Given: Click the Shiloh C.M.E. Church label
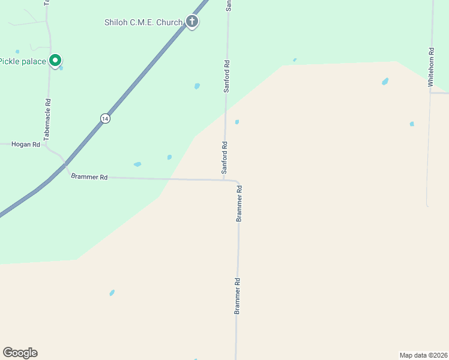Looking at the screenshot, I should [143, 23].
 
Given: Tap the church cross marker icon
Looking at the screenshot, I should [192, 22].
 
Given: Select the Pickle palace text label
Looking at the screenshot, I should [23, 61].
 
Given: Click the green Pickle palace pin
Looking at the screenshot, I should [55, 61].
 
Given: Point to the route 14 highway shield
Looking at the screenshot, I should [106, 118].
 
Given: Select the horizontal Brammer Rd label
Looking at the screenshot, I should [89, 177].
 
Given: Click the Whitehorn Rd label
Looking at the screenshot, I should [430, 68].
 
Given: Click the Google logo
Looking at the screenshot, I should [20, 353].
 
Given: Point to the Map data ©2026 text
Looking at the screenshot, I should [423, 355].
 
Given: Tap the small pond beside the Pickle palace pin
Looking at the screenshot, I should [61, 68].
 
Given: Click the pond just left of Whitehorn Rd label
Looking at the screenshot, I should [385, 82].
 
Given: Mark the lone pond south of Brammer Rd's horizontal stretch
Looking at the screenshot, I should [112, 293].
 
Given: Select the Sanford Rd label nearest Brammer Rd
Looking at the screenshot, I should [224, 158].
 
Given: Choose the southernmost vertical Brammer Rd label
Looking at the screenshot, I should [238, 296].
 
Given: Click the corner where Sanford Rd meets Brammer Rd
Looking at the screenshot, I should [225, 179].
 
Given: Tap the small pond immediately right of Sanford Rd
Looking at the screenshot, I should [237, 122].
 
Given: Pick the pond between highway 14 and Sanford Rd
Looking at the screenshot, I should [197, 86].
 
